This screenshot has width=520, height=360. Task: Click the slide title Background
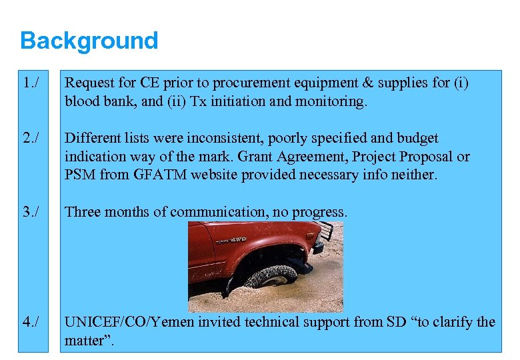coord(89,41)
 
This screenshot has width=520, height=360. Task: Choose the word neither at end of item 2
coord(413,175)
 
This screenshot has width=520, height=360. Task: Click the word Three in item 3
coord(83,212)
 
